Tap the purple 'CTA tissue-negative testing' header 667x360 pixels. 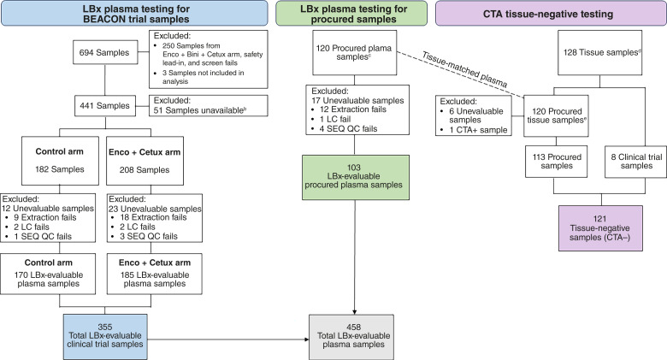tap(552, 15)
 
